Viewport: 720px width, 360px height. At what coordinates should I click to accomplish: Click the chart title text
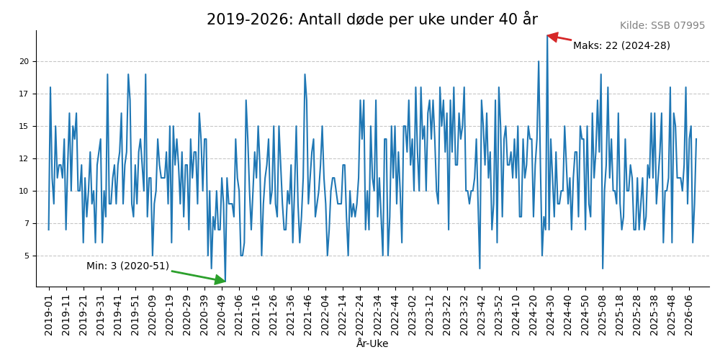coord(372,19)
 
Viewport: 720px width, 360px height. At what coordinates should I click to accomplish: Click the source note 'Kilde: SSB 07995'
coord(662,26)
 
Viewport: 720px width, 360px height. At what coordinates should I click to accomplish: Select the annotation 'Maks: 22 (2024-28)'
coord(621,46)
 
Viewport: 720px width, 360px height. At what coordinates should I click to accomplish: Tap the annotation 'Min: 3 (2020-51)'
coord(127,266)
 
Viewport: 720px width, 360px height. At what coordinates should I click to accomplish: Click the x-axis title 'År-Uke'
coord(372,344)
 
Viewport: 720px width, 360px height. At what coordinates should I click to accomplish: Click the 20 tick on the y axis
coord(24,62)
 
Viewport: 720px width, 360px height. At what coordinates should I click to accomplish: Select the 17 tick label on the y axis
coord(24,94)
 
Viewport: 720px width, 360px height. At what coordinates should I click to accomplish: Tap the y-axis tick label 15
coord(24,127)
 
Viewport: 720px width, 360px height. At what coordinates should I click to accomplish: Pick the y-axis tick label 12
coord(24,159)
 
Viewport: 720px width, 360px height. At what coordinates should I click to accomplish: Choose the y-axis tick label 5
coord(27,256)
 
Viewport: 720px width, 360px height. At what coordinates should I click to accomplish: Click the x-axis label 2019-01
coord(49,313)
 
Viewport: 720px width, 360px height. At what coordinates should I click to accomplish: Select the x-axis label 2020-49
coord(222,313)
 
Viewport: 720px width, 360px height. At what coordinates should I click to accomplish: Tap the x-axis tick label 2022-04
coord(325,313)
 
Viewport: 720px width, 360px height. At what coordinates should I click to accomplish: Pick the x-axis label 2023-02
coord(412,313)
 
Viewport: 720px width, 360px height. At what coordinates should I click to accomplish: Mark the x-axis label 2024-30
coord(550,313)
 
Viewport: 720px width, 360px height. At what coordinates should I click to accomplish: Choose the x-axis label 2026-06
coord(688,313)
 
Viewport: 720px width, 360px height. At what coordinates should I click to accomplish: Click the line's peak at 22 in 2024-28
coord(547,35)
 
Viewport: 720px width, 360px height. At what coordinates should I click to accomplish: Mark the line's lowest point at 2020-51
coord(225,282)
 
